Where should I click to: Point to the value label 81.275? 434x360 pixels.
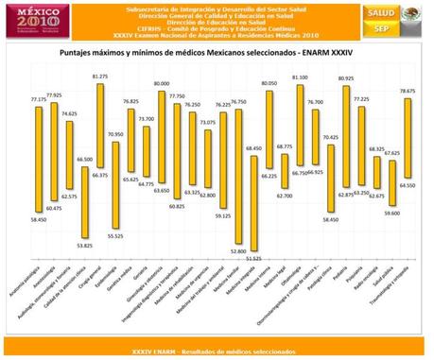coord(100,77)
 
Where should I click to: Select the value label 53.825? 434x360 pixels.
coord(83,246)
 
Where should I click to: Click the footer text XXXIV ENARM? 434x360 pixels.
coord(217,351)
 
